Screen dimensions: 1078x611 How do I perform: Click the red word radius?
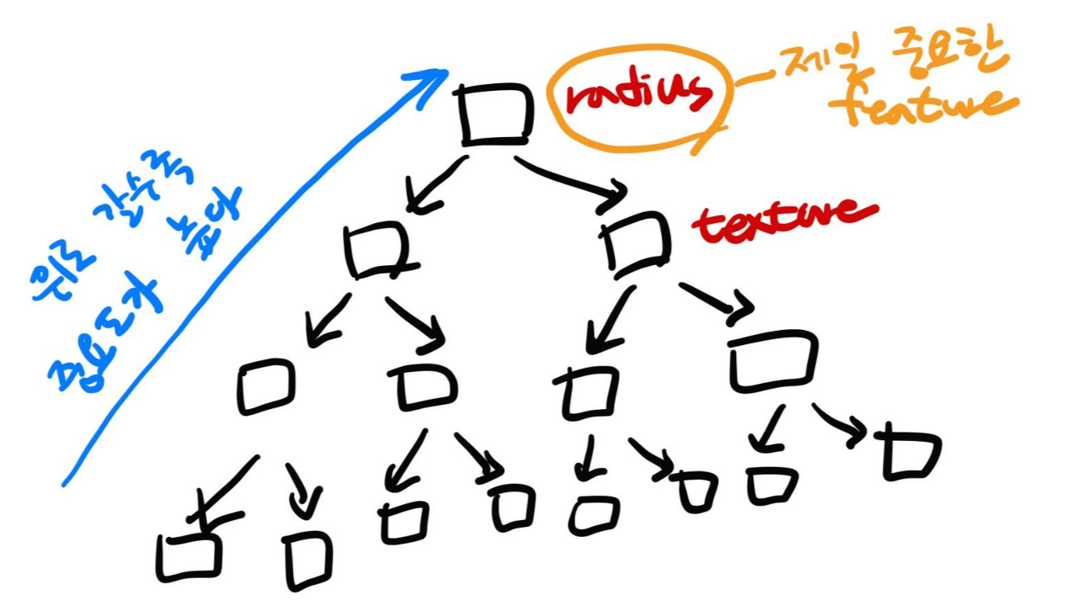coord(638,96)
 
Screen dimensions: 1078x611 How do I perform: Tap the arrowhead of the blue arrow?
coord(434,78)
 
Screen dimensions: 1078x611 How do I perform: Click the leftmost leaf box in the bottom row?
coord(189,555)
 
